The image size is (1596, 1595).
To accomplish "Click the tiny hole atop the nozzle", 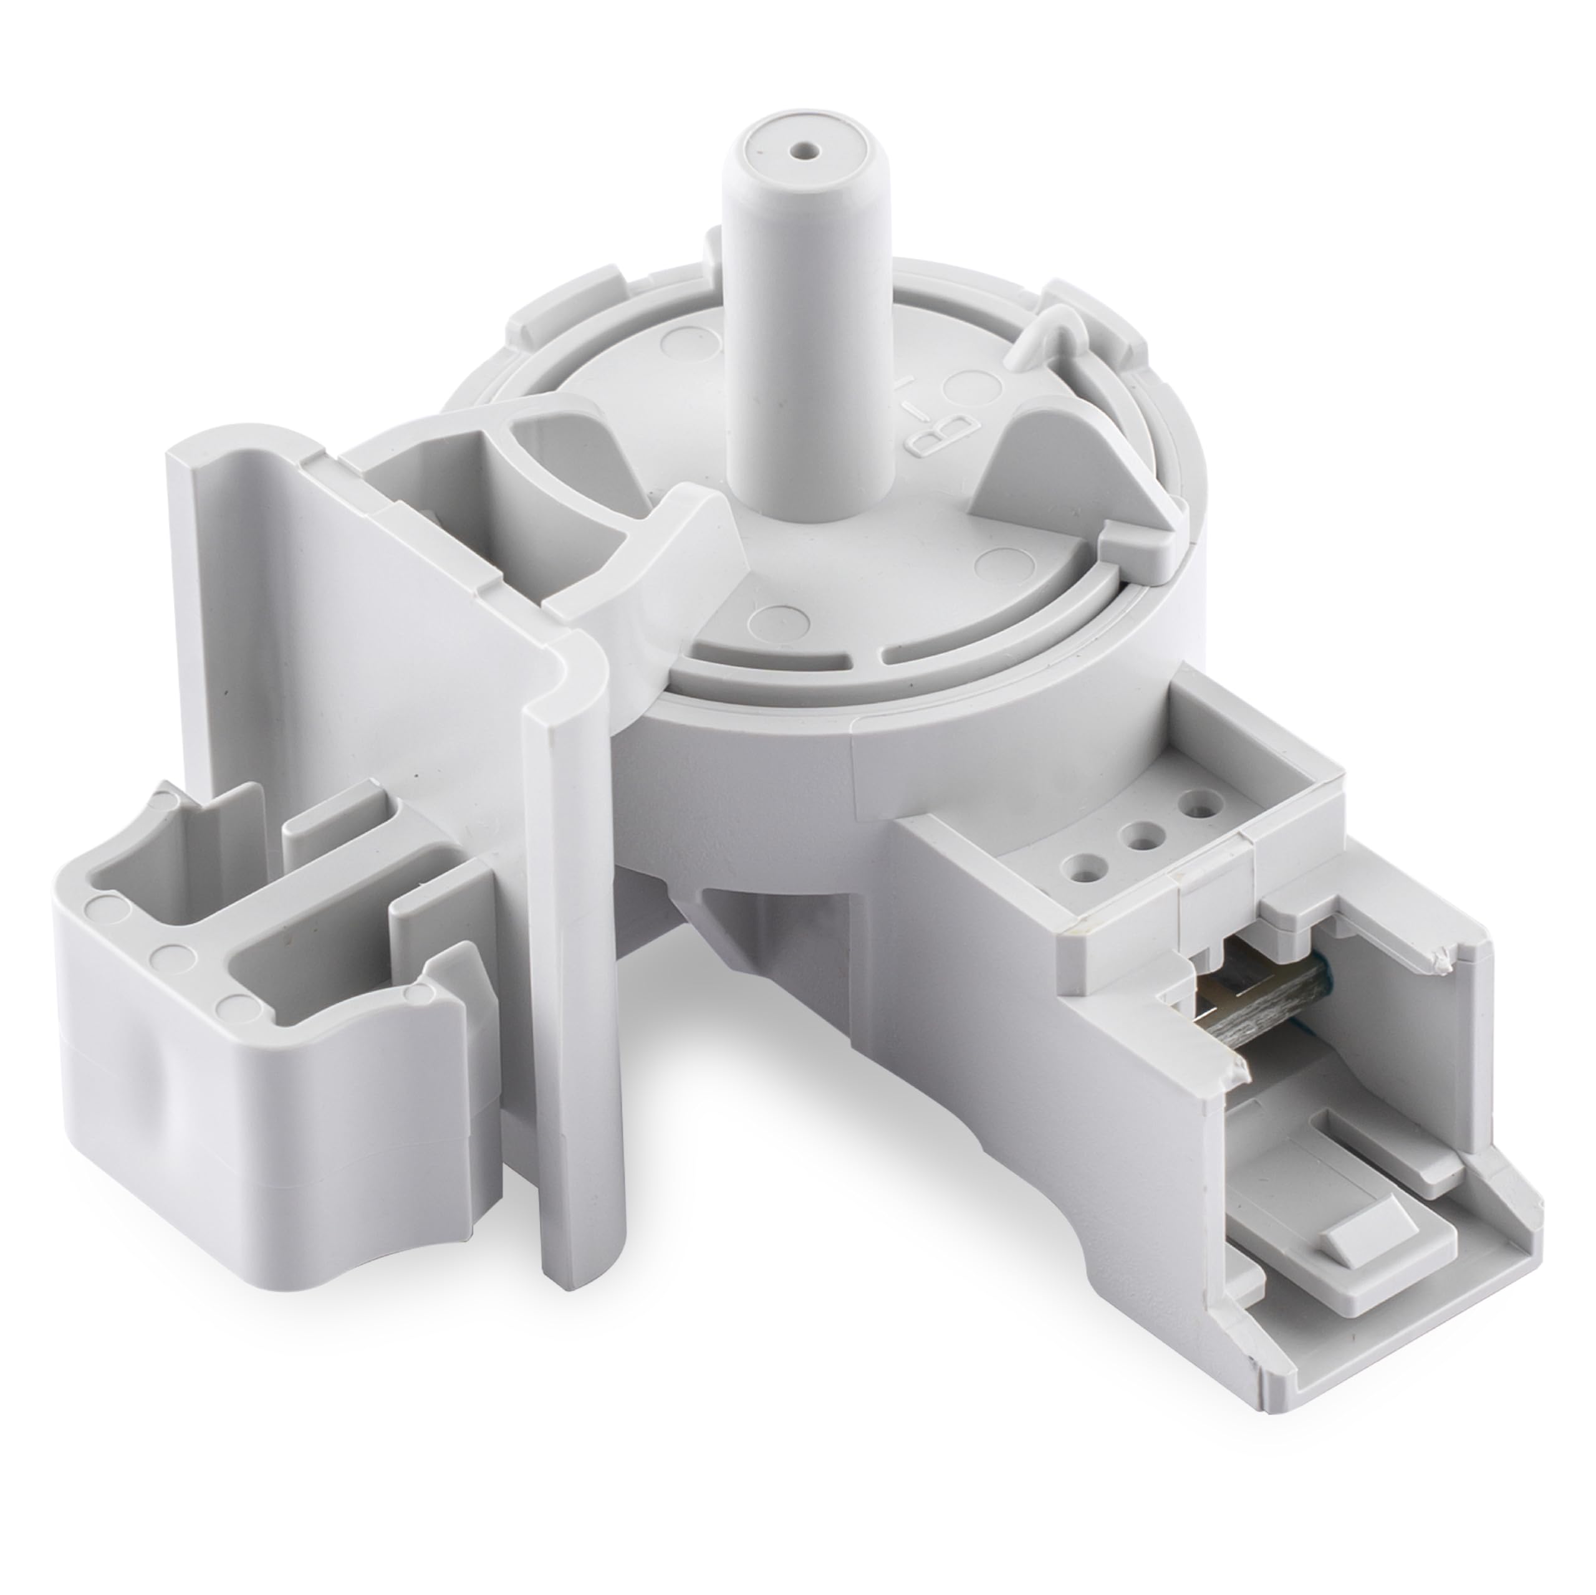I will coord(800,152).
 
